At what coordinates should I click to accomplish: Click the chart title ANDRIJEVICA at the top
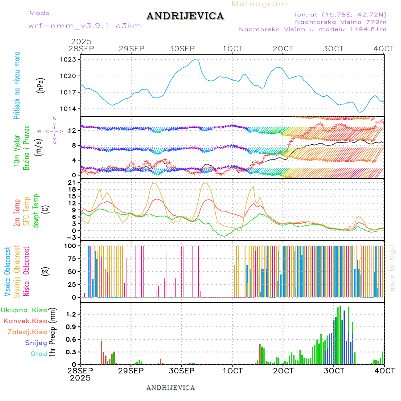pos(185,16)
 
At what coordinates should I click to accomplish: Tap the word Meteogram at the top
pos(260,4)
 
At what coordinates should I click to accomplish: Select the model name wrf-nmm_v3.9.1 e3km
pos(85,25)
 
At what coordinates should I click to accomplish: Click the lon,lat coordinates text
pos(337,14)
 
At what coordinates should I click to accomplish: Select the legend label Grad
pos(38,354)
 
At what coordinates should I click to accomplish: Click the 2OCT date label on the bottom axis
pos(283,371)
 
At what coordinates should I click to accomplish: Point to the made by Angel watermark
pos(393,267)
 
